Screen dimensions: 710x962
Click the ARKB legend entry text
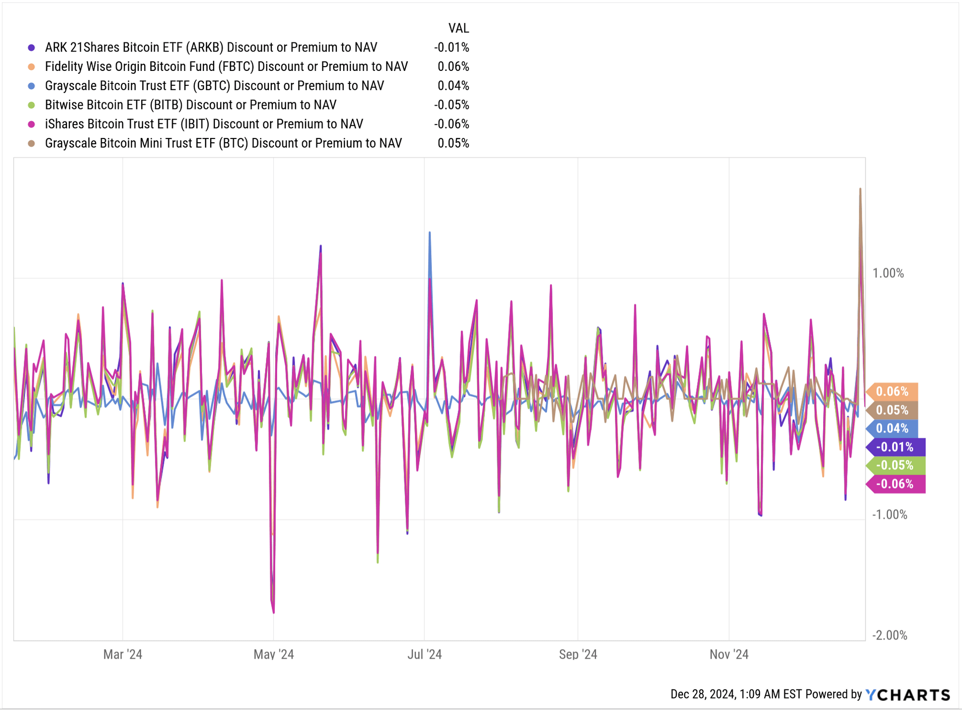[211, 47]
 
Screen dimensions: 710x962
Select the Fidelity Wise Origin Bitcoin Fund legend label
[226, 67]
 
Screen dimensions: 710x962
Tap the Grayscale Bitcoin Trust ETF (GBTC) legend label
[214, 86]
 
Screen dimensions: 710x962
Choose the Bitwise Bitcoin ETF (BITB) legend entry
[190, 105]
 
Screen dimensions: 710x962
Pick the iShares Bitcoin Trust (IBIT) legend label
[203, 124]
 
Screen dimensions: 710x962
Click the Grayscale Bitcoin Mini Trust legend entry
[223, 143]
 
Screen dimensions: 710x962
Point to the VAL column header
[458, 28]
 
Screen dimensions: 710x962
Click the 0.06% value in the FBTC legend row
[453, 67]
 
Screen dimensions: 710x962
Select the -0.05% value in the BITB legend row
[452, 105]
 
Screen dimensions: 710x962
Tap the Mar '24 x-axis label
[122, 655]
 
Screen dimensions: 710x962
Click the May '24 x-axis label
[273, 655]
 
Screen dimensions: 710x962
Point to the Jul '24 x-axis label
[424, 655]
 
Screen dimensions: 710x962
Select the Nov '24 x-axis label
[729, 655]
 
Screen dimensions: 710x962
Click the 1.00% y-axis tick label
[888, 273]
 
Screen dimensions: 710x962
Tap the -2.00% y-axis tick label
[890, 635]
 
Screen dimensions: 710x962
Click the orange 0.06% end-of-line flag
[892, 392]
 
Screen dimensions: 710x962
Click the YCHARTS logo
[908, 695]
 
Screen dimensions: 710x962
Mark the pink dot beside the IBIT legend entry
[31, 124]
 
